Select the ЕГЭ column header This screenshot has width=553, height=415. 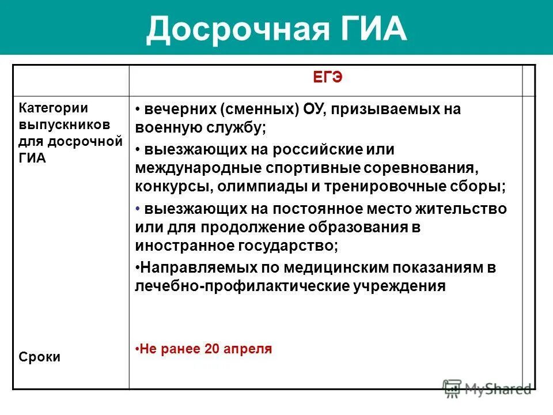click(x=328, y=79)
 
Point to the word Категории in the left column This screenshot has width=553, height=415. click(x=54, y=108)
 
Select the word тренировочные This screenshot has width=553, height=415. click(x=420, y=186)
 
